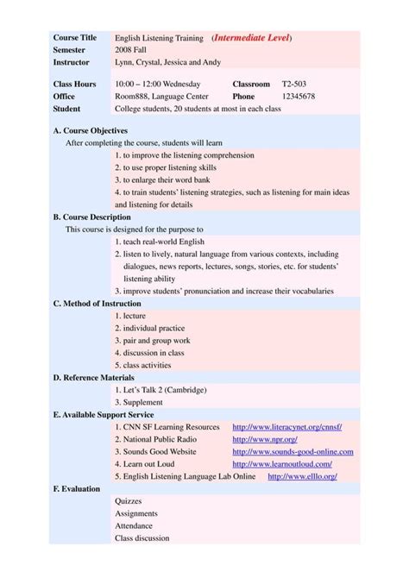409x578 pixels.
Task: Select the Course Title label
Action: coord(75,38)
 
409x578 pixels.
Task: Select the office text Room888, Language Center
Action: coord(160,97)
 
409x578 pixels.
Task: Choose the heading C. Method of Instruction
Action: coord(98,304)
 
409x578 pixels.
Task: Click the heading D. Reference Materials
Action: coord(94,377)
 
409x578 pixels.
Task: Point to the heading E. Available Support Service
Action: coord(104,414)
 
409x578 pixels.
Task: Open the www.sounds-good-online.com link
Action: coord(293,451)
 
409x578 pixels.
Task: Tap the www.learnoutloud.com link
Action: coord(282,463)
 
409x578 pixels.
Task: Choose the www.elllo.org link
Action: coord(302,476)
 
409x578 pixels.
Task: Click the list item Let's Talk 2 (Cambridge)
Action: coord(160,390)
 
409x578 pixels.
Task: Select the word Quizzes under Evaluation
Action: coord(129,501)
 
